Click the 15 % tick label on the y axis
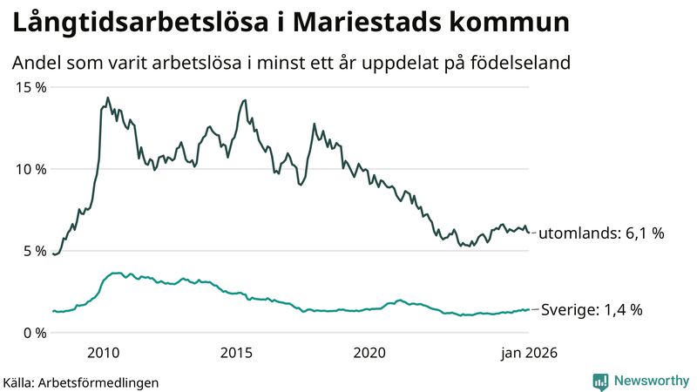tap(30, 87)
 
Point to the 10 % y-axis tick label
tap(30, 169)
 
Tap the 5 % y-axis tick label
tap(34, 251)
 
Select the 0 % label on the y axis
tap(34, 333)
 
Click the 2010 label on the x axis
tap(103, 353)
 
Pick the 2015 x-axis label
tap(236, 353)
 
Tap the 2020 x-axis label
tap(369, 353)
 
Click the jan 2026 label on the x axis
tap(527, 353)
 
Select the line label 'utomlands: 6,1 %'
tap(601, 233)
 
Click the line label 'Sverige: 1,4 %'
tap(592, 309)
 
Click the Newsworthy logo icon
tap(600, 381)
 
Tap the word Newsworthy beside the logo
tap(650, 381)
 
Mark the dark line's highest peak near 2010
tap(108, 98)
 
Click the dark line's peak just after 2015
tap(245, 100)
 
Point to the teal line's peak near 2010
tap(113, 273)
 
